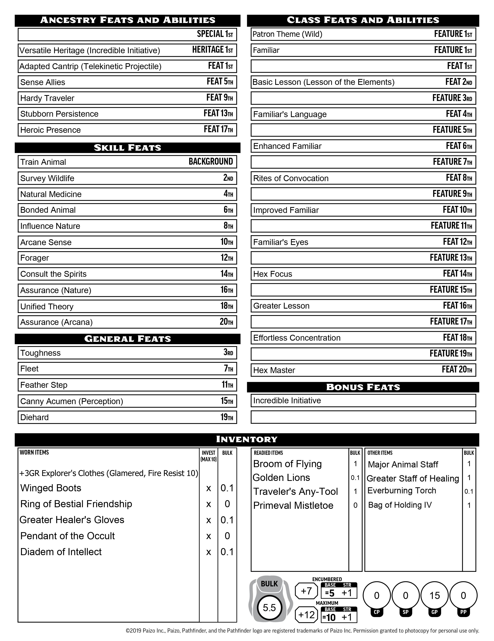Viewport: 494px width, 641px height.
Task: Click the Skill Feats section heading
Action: (x=127, y=148)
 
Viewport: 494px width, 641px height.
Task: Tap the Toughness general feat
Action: (x=40, y=353)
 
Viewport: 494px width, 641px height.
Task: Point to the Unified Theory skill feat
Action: (x=47, y=306)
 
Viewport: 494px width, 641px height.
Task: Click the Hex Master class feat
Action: (x=274, y=370)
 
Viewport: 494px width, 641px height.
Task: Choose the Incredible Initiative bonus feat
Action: (x=287, y=401)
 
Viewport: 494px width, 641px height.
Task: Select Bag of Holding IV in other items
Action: (x=400, y=505)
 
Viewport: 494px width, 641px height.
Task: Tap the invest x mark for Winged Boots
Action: (x=209, y=488)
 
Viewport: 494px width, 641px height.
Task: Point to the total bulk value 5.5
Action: (x=269, y=608)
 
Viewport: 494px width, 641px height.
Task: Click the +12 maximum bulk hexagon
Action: (x=306, y=615)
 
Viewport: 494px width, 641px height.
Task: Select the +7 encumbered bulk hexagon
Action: (x=306, y=591)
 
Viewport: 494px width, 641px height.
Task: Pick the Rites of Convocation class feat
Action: (x=291, y=178)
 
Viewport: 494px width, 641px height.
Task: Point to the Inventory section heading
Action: (x=247, y=439)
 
